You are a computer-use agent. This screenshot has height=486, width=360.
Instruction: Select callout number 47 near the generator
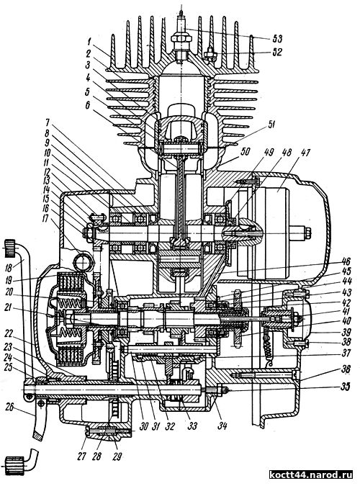[305, 153]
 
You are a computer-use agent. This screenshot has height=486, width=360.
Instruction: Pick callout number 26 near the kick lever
[10, 407]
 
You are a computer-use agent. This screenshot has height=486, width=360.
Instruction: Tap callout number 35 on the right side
[346, 387]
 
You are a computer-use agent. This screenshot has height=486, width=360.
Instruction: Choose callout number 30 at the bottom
[143, 427]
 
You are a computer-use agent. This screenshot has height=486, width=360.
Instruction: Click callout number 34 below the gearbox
[222, 426]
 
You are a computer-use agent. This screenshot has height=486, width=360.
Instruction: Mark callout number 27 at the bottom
[81, 456]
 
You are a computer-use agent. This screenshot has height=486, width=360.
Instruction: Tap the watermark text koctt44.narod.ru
[311, 474]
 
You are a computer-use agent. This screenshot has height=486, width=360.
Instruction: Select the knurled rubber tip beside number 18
[11, 248]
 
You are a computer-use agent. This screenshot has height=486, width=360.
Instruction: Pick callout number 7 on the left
[54, 126]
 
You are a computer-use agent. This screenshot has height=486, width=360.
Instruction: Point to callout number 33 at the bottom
[192, 426]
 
